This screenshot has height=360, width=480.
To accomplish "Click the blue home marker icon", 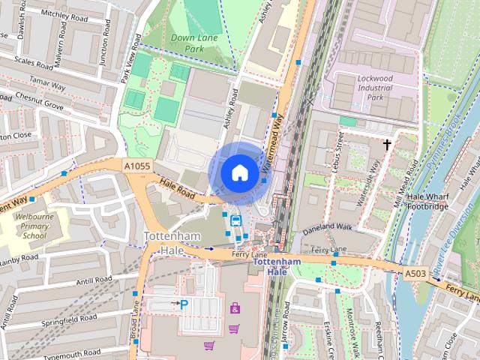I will pos(238,172).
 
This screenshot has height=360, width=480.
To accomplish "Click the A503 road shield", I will pos(415,274).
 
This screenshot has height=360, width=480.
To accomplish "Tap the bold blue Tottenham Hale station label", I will pos(277,266).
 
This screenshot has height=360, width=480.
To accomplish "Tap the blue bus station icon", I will pos(235,220).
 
